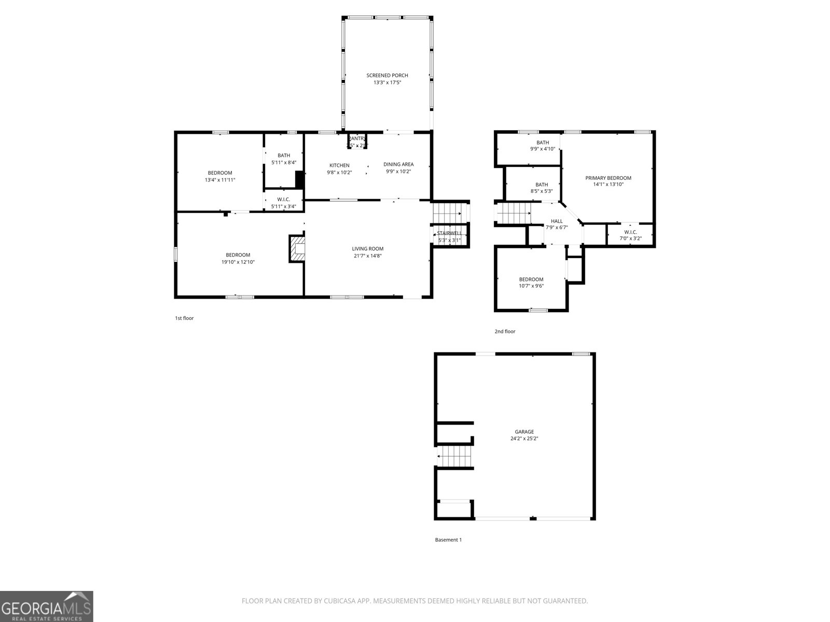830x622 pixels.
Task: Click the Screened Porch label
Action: pyautogui.click(x=387, y=76)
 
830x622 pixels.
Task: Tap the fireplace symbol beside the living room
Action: pyautogui.click(x=298, y=249)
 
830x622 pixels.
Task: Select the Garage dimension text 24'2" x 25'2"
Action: pyautogui.click(x=524, y=439)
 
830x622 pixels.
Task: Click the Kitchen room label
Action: pyautogui.click(x=339, y=165)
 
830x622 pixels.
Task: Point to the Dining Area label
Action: pyautogui.click(x=398, y=164)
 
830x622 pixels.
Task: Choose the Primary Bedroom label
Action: pyautogui.click(x=608, y=178)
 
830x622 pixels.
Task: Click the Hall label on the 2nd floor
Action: pyautogui.click(x=557, y=221)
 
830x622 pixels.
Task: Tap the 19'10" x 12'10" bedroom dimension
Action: pyautogui.click(x=238, y=262)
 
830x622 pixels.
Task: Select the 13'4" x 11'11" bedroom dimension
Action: pyautogui.click(x=220, y=180)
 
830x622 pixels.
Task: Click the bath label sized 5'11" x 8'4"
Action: pyautogui.click(x=284, y=155)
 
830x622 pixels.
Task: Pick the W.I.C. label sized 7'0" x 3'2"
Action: pyautogui.click(x=630, y=232)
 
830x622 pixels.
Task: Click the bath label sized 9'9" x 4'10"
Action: pyautogui.click(x=543, y=143)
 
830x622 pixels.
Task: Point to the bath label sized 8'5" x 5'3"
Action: pyautogui.click(x=542, y=185)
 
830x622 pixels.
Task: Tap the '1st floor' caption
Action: pyautogui.click(x=184, y=318)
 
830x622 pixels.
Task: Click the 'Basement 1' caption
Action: pyautogui.click(x=448, y=540)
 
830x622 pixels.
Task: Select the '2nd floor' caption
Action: pyautogui.click(x=505, y=331)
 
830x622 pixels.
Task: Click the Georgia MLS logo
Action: pyautogui.click(x=47, y=606)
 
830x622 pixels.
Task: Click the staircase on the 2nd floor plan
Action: pyautogui.click(x=514, y=213)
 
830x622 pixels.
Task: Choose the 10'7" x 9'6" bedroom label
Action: pyautogui.click(x=531, y=279)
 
